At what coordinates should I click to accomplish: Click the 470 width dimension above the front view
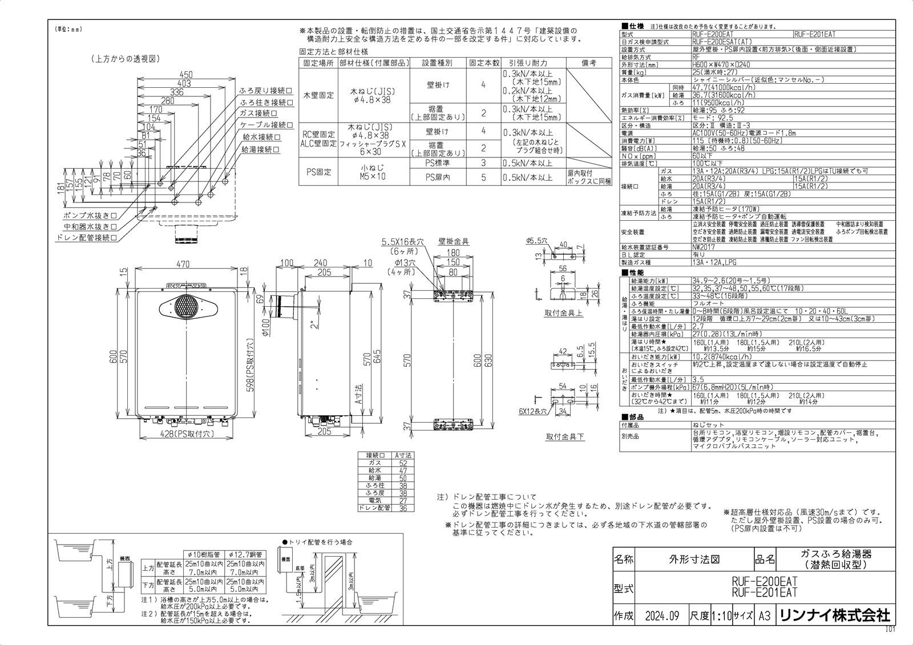182,265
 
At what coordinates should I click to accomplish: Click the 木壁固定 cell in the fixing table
318,96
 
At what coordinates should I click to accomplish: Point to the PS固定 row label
318,171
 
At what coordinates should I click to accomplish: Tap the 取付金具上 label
563,313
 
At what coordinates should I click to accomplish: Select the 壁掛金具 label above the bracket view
454,242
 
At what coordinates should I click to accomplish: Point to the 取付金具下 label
565,436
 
